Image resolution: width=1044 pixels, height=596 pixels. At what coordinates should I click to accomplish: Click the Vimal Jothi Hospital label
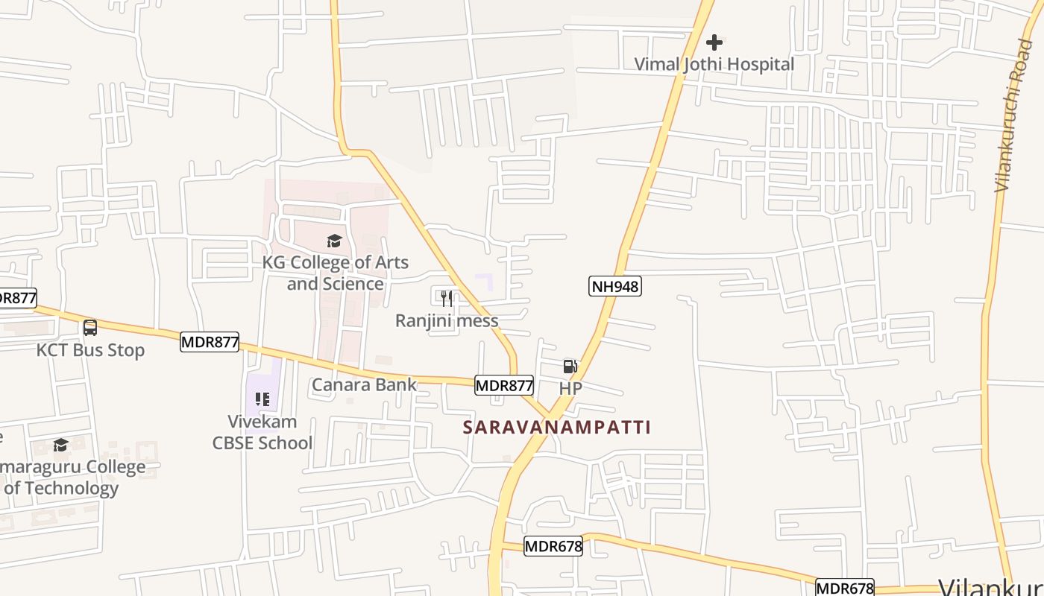[x=714, y=64]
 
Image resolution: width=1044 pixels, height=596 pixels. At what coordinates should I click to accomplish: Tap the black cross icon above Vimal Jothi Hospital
[x=714, y=42]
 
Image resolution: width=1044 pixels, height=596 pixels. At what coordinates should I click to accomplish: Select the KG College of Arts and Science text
[x=335, y=273]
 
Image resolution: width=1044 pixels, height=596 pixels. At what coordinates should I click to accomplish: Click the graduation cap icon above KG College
[x=334, y=241]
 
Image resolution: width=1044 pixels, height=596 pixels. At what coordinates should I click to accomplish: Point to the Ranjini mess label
[x=446, y=320]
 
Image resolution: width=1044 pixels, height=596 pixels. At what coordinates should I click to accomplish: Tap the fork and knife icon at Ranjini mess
[x=446, y=299]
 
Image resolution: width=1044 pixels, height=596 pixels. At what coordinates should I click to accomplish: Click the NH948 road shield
[x=614, y=286]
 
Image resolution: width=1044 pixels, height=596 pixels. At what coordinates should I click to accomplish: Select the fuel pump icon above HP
[x=570, y=366]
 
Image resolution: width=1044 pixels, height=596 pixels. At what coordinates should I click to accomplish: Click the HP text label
[x=570, y=388]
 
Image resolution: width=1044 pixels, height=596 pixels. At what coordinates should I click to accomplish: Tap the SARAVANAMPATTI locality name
[x=557, y=427]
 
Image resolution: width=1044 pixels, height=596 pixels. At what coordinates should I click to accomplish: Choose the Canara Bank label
[x=364, y=384]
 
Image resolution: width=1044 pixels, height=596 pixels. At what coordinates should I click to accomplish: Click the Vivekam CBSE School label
[x=262, y=432]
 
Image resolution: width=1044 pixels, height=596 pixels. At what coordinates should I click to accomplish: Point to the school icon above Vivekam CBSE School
[x=262, y=399]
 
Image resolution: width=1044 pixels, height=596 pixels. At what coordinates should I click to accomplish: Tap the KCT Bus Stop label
[x=90, y=349]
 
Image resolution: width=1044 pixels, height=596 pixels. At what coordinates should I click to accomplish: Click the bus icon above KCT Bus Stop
[x=90, y=327]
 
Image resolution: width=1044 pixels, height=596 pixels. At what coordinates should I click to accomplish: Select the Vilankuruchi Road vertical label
[x=1013, y=115]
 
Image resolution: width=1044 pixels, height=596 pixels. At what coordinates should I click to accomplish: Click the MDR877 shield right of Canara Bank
[x=504, y=385]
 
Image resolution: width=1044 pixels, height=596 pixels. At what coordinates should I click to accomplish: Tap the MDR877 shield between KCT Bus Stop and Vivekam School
[x=210, y=342]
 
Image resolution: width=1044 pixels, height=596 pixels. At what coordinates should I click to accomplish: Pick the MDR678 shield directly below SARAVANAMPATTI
[x=553, y=546]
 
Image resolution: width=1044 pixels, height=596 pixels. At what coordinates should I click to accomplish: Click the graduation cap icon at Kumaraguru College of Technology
[x=60, y=445]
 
